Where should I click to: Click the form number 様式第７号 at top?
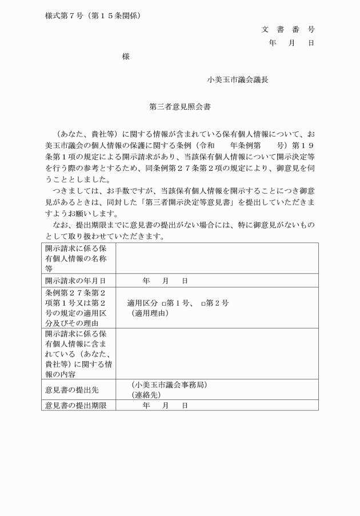tap(65, 15)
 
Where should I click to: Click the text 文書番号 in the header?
tap(288, 29)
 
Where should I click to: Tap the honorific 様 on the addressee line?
tap(126, 57)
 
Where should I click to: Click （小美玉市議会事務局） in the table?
tap(169, 385)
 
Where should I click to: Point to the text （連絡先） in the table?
tap(146, 395)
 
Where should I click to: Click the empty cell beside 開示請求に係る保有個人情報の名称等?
tap(217, 258)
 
